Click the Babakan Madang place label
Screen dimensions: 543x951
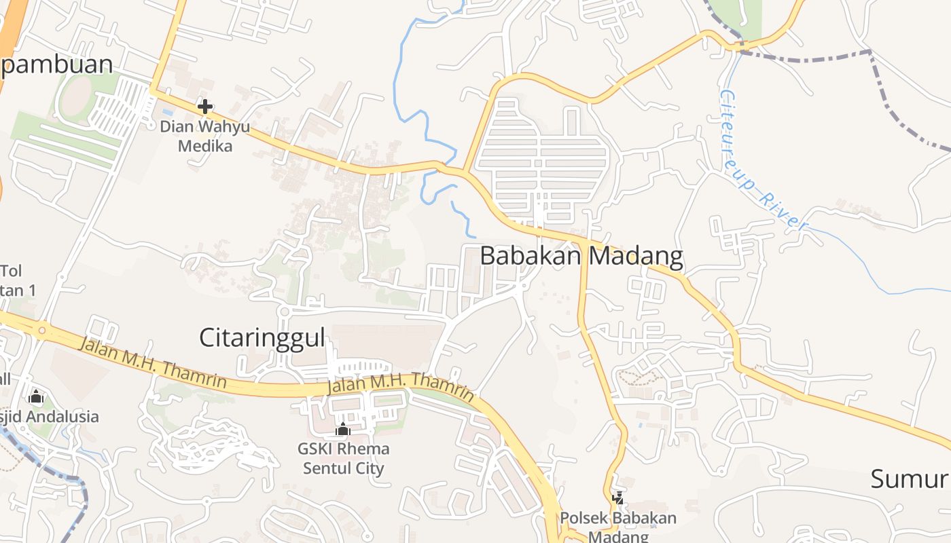[x=581, y=256]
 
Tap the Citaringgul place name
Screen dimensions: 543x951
[x=262, y=337]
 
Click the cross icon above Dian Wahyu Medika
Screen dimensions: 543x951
[x=204, y=107]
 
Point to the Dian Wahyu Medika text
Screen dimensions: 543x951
[x=204, y=136]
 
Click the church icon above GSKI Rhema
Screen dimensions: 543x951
[x=343, y=429]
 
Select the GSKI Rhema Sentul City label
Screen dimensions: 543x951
[x=343, y=458]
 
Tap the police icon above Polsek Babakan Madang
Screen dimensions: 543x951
[x=618, y=498]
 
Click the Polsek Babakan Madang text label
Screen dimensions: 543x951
[x=618, y=527]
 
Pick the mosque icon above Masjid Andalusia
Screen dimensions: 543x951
[x=36, y=396]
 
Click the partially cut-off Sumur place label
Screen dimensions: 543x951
[x=910, y=479]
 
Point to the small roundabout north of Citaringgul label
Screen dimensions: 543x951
[x=283, y=312]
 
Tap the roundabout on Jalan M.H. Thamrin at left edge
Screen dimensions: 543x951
[x=42, y=331]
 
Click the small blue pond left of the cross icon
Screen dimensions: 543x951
[x=167, y=111]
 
